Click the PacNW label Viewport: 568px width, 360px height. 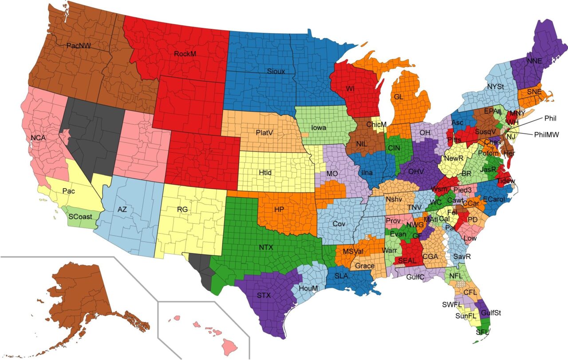pyautogui.click(x=79, y=45)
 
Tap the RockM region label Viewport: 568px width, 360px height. pyautogui.click(x=185, y=54)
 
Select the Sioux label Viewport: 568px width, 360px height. pyautogui.click(x=276, y=71)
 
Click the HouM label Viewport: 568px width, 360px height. pyautogui.click(x=308, y=288)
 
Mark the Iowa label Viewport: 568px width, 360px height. pyautogui.click(x=319, y=127)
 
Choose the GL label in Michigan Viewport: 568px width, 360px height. pyautogui.click(x=399, y=96)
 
